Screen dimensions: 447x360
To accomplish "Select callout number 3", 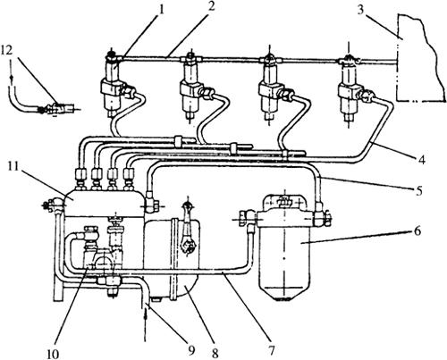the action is tap(360, 10).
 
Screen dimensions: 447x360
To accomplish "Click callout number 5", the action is tap(419, 189).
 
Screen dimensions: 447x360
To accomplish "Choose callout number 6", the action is tap(417, 230).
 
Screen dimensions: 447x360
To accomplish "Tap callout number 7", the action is tap(271, 349).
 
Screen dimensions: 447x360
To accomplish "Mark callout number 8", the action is tap(215, 353).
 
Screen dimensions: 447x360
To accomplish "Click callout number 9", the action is tap(190, 349).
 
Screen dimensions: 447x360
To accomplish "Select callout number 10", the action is tap(53, 354).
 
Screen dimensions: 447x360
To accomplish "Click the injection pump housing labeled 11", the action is tap(105, 203).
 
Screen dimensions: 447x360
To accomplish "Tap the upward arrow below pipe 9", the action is tap(145, 325).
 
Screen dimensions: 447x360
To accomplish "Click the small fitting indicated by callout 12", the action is tap(56, 109).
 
